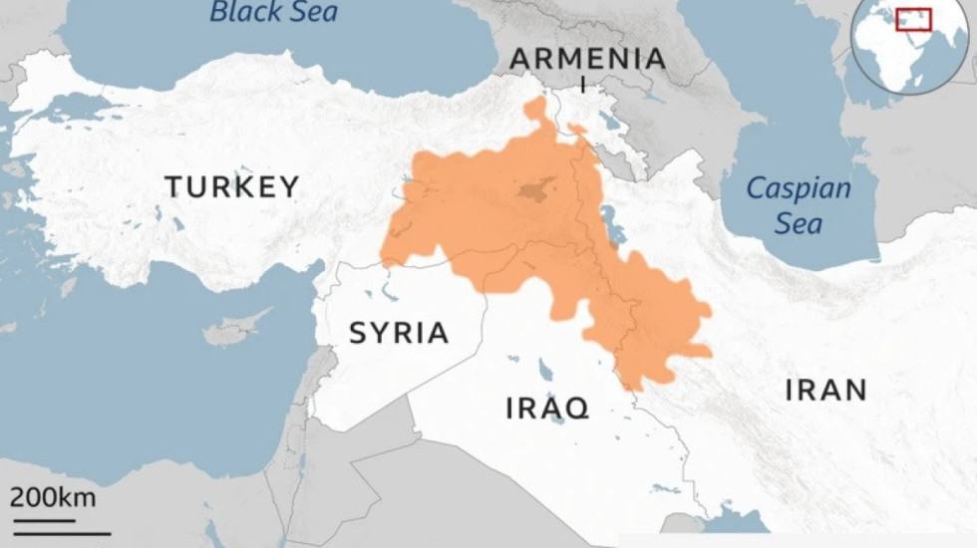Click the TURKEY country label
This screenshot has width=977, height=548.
click(231, 186)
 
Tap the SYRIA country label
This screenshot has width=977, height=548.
click(399, 333)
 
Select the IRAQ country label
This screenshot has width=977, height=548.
click(547, 408)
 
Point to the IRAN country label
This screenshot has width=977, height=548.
click(825, 390)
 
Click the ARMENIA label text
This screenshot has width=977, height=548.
click(587, 59)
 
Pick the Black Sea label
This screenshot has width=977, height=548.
click(272, 13)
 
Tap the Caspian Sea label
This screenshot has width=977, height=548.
click(799, 204)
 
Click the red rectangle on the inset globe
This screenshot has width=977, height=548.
click(912, 19)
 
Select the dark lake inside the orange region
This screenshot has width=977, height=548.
click(535, 189)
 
